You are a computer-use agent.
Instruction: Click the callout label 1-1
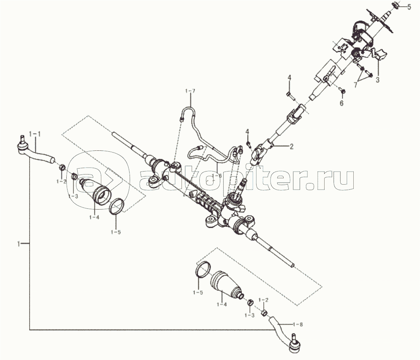point(35,134)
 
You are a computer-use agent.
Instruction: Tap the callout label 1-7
point(190,91)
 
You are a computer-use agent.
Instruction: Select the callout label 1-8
point(298,325)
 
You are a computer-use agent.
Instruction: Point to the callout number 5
point(409,7)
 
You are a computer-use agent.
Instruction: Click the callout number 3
point(377,80)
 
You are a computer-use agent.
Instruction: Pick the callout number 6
point(341,103)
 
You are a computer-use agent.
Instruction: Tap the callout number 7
point(355,85)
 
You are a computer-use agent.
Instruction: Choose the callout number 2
point(291,146)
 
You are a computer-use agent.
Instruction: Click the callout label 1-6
point(217,176)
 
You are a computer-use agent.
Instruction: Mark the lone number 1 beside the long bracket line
point(19,244)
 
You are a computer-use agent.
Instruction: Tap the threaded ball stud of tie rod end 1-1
point(22,139)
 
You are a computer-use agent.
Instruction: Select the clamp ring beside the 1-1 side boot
point(117,206)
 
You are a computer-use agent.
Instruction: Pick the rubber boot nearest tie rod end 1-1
point(96,190)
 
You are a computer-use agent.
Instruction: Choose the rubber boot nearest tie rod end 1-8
point(227,284)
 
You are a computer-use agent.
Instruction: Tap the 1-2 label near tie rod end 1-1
point(61,181)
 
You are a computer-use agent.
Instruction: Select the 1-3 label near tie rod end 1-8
point(249,315)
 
